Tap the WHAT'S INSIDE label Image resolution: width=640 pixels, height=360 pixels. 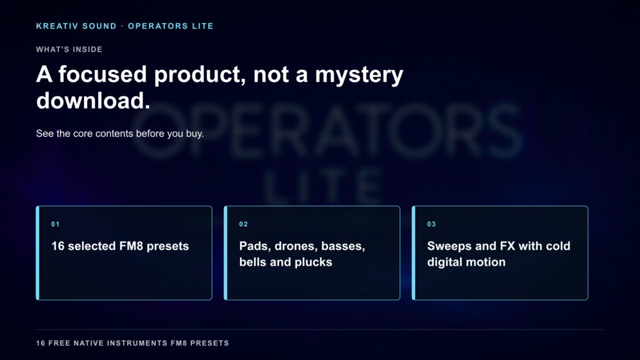[69, 50]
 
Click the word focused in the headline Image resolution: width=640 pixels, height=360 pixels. [103, 75]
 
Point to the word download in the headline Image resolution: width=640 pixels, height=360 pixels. [90, 101]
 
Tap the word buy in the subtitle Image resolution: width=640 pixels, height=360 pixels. [194, 134]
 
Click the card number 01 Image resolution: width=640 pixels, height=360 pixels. [55, 224]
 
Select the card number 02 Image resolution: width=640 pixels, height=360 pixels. [243, 224]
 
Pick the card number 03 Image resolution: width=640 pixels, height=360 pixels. [431, 224]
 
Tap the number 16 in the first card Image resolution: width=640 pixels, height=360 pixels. [57, 246]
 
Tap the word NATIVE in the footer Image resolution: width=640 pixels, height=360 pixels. [88, 343]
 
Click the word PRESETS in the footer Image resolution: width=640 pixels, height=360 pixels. [210, 343]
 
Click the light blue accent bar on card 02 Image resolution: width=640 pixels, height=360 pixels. [225, 253]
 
